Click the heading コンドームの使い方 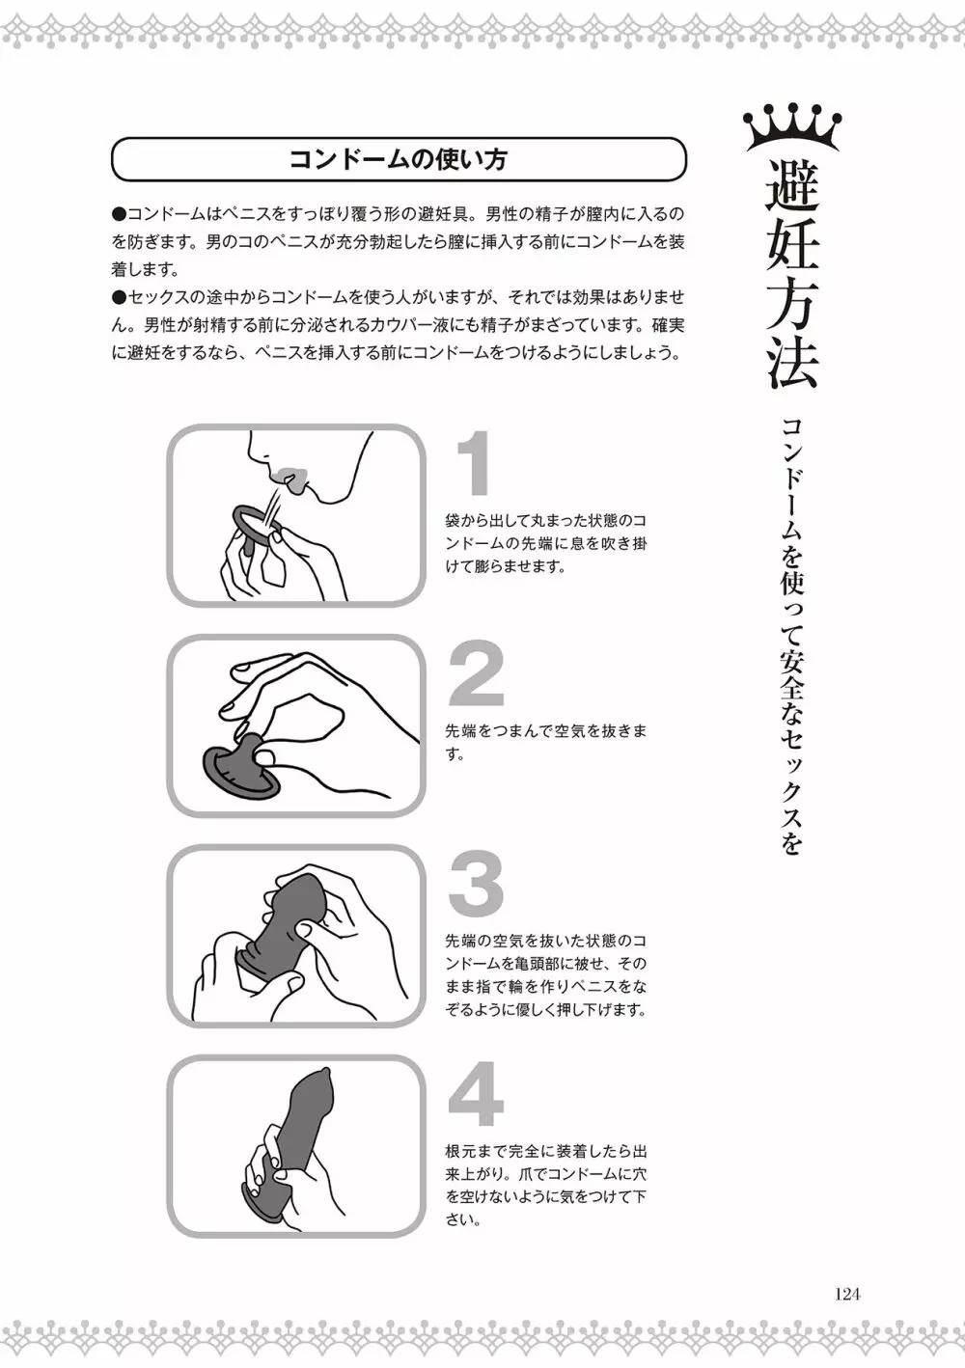399,159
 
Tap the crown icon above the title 792,127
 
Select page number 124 846,1294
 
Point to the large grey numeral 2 477,673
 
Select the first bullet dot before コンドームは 119,215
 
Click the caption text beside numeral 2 545,742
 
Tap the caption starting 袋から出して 545,543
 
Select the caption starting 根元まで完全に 545,1187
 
